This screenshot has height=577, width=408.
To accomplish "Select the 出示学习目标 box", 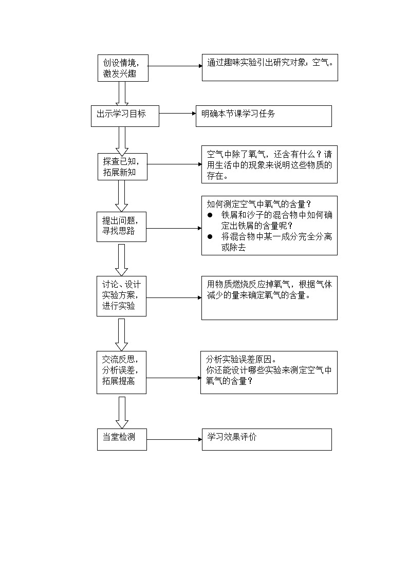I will pyautogui.click(x=125, y=116).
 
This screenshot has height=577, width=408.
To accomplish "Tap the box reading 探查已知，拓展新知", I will pyautogui.click(x=122, y=166).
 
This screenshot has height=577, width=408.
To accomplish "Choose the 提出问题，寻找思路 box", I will pyautogui.click(x=121, y=226).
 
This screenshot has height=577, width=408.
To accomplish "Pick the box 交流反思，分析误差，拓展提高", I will pyautogui.click(x=121, y=372).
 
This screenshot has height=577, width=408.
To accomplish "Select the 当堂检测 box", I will pyautogui.click(x=122, y=439).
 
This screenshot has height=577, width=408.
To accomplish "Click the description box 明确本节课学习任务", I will pyautogui.click(x=264, y=116).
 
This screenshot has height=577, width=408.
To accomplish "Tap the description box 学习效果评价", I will pyautogui.click(x=266, y=439).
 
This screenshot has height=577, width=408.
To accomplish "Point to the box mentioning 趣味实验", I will pyautogui.click(x=270, y=68).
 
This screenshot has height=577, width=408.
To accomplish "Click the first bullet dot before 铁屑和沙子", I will pyautogui.click(x=210, y=215).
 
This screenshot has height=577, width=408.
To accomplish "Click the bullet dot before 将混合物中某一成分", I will pyautogui.click(x=210, y=236).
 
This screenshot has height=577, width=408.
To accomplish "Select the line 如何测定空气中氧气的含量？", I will pyautogui.click(x=259, y=204).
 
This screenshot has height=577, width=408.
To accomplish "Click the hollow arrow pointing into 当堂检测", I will pyautogui.click(x=122, y=412).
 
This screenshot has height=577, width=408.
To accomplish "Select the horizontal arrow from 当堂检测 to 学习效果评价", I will pyautogui.click(x=174, y=439).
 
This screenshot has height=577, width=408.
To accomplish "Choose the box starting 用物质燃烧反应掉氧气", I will pyautogui.click(x=269, y=297).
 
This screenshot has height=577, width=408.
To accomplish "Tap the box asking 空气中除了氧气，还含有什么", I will pyautogui.click(x=269, y=164).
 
